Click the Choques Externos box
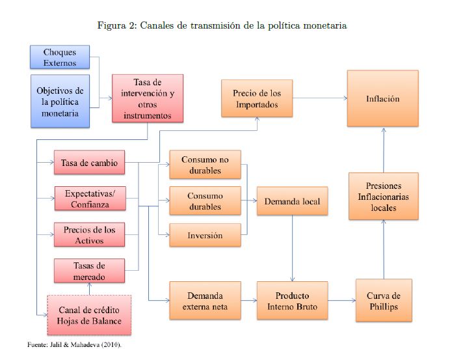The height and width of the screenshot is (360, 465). point(60,57)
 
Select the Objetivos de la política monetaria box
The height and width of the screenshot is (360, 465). point(60,101)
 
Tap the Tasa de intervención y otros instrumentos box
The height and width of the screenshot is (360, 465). point(148,98)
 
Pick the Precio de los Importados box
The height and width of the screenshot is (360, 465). point(257,98)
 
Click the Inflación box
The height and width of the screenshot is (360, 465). point(382,98)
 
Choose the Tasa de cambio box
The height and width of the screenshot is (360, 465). point(89,163)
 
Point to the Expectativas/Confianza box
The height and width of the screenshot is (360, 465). point(89,199)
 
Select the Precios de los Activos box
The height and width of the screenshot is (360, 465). point(89,235)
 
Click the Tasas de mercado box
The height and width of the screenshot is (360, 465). point(89,271)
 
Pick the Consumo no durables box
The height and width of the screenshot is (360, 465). point(205,165)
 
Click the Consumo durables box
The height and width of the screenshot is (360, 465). point(205,201)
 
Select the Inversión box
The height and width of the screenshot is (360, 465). point(205,235)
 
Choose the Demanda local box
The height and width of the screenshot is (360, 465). point(292,201)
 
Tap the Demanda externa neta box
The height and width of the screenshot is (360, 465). point(205,300)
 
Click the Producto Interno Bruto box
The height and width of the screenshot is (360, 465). point(292,300)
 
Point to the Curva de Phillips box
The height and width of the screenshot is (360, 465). point(384,300)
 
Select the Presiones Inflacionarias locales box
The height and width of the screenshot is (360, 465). point(383,196)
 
